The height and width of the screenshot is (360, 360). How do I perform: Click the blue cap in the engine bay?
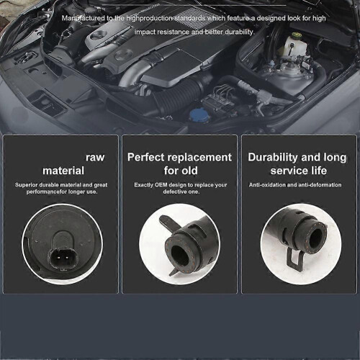point(199,115)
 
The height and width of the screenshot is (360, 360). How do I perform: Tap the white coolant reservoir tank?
point(292,45)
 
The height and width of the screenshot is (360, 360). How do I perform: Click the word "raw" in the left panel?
point(95,158)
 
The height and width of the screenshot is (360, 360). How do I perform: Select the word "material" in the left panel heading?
point(63,171)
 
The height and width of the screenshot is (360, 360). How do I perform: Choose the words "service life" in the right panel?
point(299,171)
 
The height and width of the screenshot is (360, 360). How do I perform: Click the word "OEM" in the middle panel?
point(161,185)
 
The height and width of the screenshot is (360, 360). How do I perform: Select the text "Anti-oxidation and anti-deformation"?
point(295,185)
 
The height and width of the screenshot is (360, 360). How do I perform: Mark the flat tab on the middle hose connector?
point(168,224)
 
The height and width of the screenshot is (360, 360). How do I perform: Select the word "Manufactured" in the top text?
point(84,18)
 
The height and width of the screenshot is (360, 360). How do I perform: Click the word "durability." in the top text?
point(239,32)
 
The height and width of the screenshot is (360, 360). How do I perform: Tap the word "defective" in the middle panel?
point(174,192)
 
